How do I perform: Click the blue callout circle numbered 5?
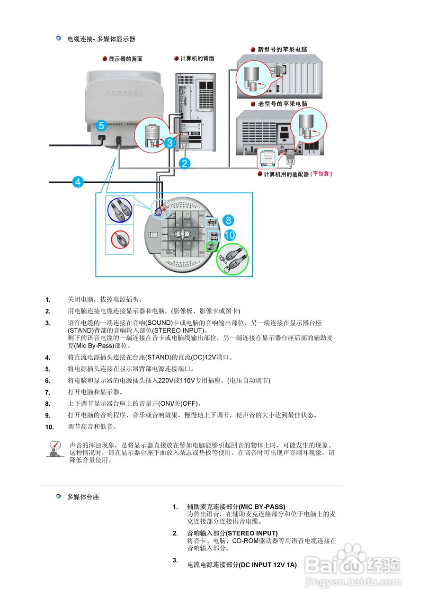coord(102,126)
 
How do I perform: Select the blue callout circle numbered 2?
coord(185,164)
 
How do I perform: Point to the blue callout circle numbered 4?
coord(78,181)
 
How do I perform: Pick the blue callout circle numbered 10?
coord(230,235)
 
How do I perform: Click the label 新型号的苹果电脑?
coord(282,49)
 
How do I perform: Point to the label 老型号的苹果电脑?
coord(283,104)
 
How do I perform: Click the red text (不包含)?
coord(322,174)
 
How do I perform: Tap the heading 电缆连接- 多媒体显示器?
coord(101,39)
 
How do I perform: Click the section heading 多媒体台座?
coord(83,497)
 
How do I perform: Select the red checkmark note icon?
coord(56,448)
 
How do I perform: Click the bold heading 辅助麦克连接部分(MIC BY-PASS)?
coord(236,507)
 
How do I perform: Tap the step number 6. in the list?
coord(48,381)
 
